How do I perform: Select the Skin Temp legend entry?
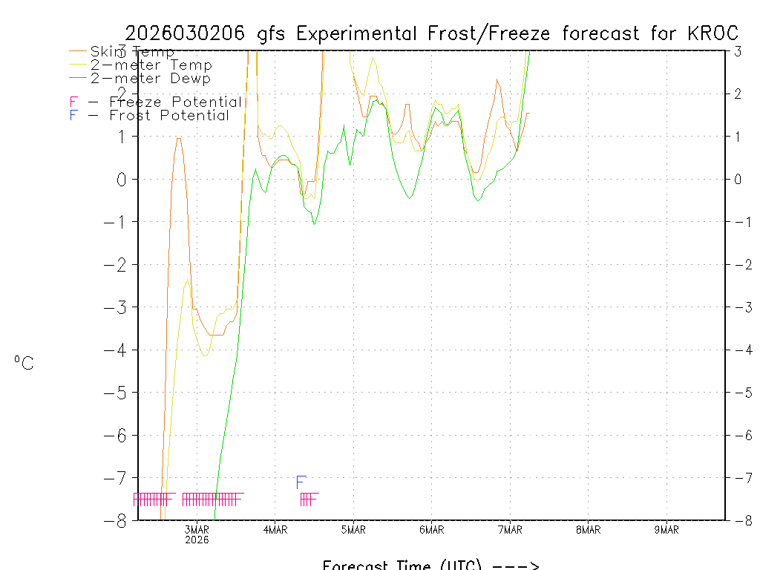pyautogui.click(x=132, y=52)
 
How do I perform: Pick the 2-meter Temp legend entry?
pyautogui.click(x=151, y=65)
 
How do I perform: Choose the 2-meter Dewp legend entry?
pyautogui.click(x=150, y=79)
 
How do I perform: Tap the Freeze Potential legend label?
pyautogui.click(x=175, y=102)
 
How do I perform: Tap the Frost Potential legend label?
pyautogui.click(x=168, y=116)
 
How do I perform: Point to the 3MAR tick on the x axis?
pyautogui.click(x=197, y=529)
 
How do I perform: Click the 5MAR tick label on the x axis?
pyautogui.click(x=353, y=529)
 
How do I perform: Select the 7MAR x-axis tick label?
pyautogui.click(x=510, y=529)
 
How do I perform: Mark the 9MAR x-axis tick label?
pyautogui.click(x=666, y=529)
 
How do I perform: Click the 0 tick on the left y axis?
pyautogui.click(x=121, y=179)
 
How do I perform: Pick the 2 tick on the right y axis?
pyautogui.click(x=738, y=94)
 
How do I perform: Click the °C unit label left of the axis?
pyautogui.click(x=24, y=363)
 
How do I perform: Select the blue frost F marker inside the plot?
pyautogui.click(x=301, y=482)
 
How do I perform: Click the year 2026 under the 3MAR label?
pyautogui.click(x=197, y=540)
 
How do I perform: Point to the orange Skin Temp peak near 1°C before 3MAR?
pyautogui.click(x=179, y=138)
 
